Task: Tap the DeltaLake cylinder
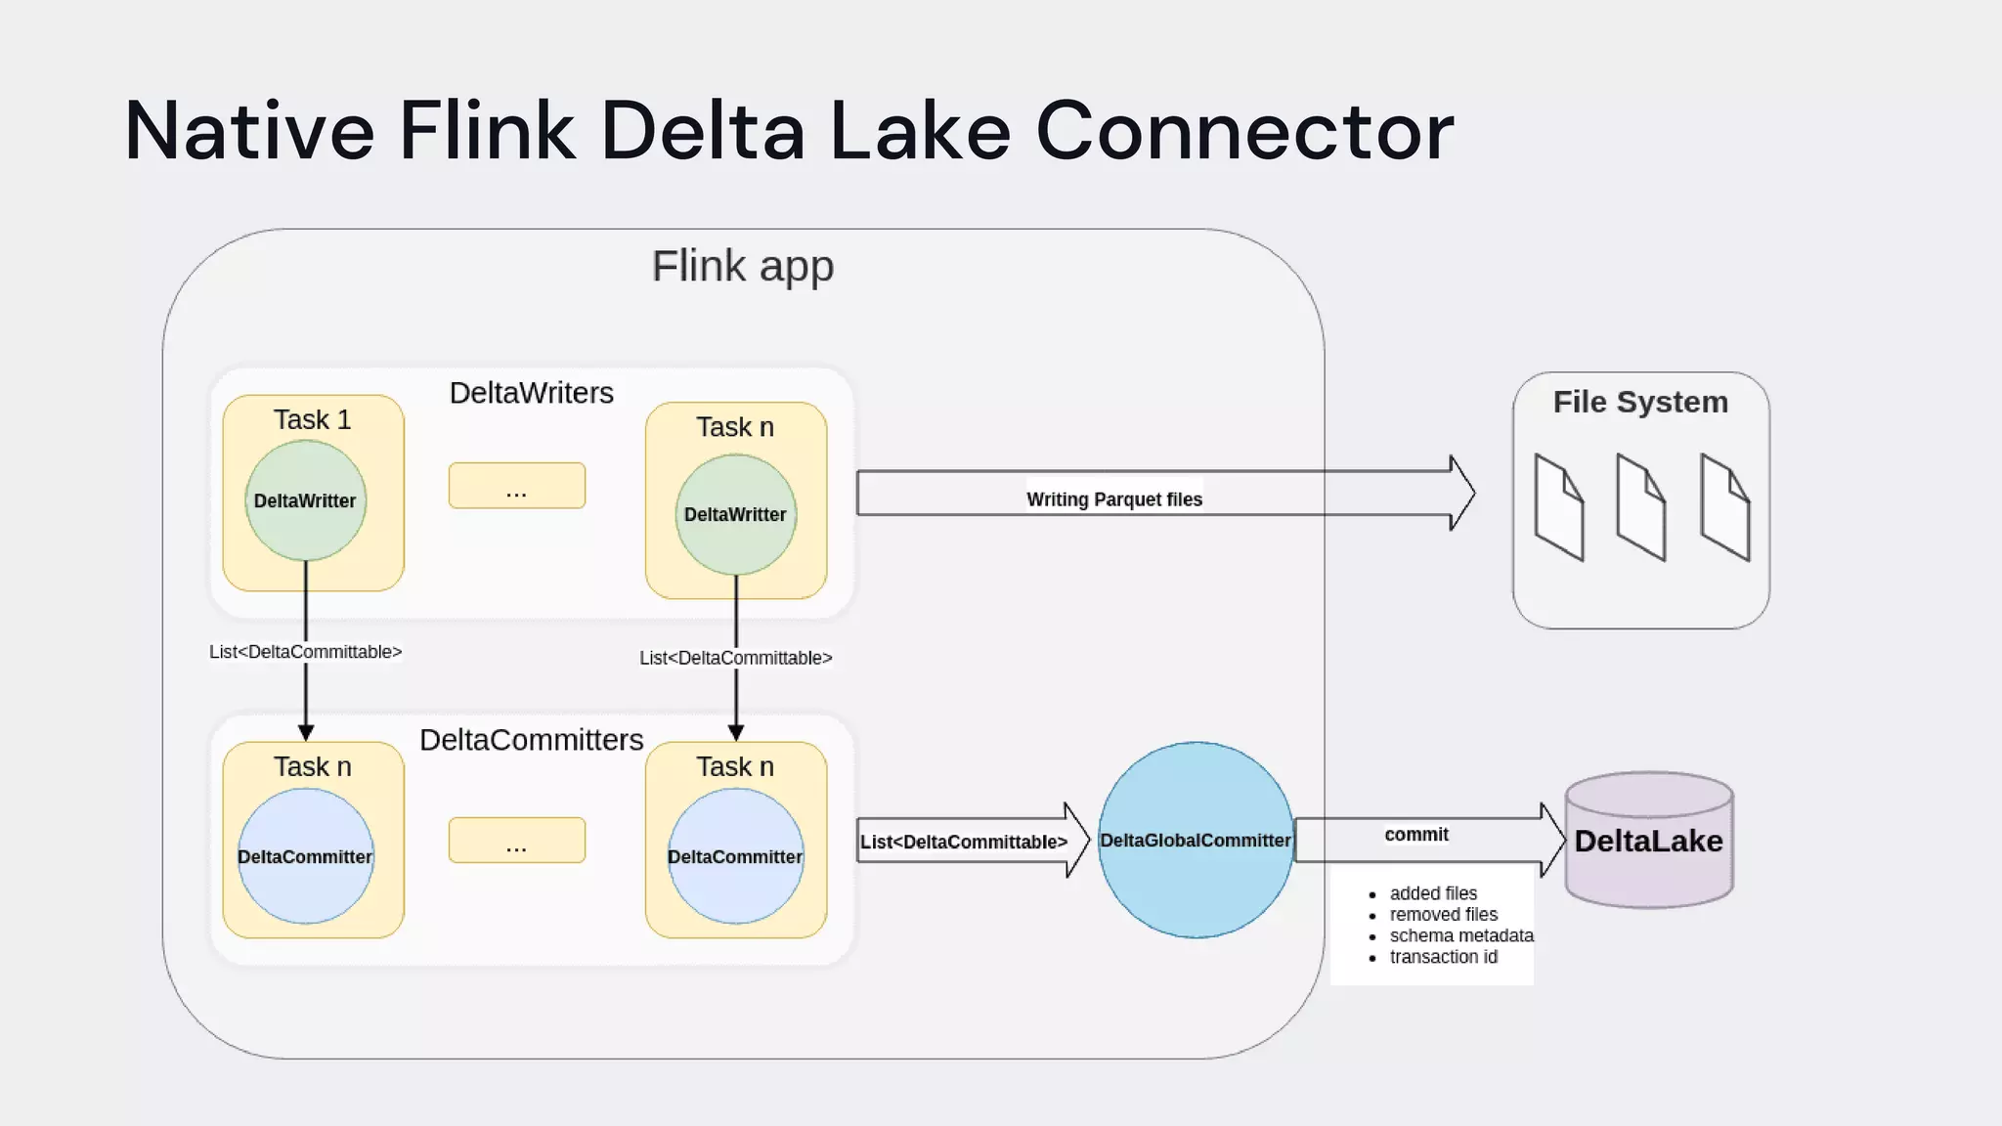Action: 1648,841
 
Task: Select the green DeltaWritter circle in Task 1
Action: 305,500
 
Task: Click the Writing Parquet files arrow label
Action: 1114,499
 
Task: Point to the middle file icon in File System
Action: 1640,506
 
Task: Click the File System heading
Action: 1640,402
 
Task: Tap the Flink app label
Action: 743,266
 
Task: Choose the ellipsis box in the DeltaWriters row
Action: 516,486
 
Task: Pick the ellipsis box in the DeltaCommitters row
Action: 516,841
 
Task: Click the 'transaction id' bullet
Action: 1443,957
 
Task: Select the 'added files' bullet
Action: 1433,893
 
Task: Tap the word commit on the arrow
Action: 1416,835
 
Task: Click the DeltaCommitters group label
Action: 531,740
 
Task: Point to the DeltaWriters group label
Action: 531,393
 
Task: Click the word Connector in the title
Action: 1244,131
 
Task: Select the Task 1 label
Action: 312,419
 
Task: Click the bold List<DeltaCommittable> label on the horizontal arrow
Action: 964,842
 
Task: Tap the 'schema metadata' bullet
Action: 1461,935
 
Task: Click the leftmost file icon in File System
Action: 1558,506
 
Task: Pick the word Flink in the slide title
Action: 487,131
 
